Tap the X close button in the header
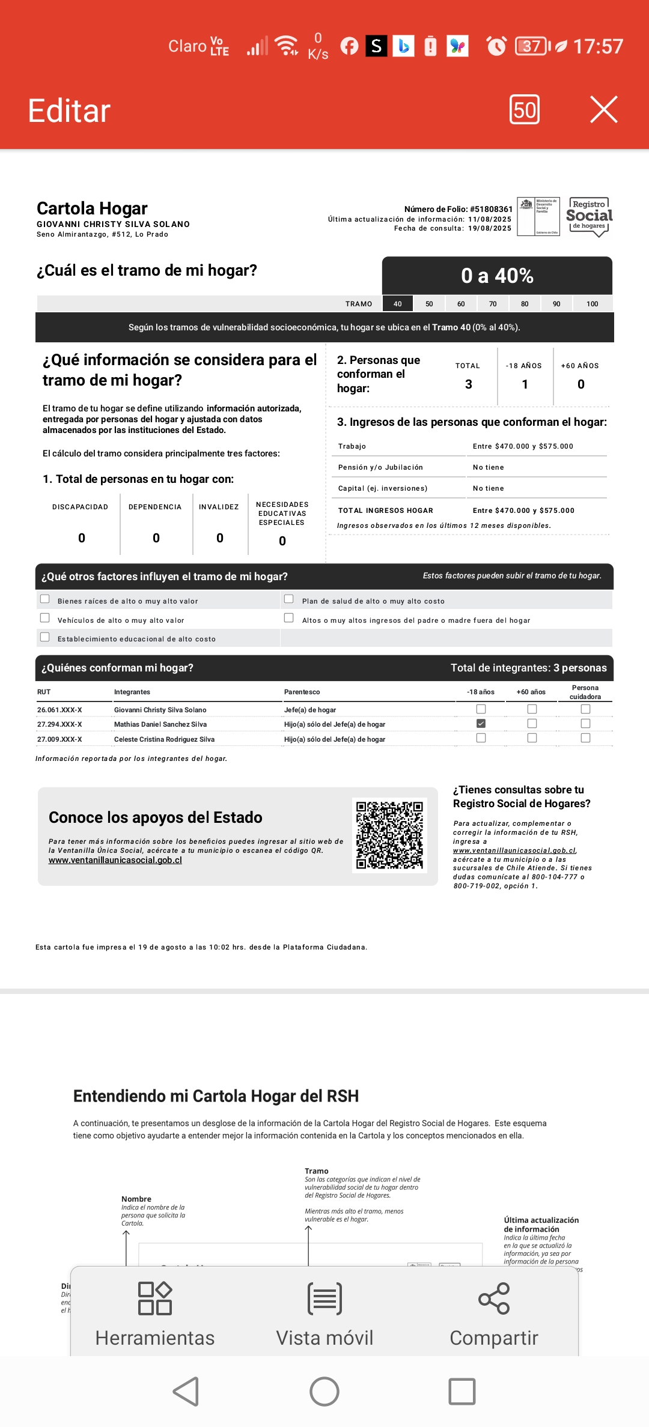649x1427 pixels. [x=603, y=110]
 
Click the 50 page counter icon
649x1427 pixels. [x=525, y=110]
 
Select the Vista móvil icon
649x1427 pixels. [x=324, y=1299]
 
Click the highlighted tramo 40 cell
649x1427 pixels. [x=397, y=304]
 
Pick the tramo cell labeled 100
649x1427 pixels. [x=592, y=304]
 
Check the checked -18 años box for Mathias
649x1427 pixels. [x=481, y=724]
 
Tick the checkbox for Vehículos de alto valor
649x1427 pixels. [x=45, y=618]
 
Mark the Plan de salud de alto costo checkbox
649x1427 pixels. [x=289, y=599]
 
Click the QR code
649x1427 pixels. [x=389, y=835]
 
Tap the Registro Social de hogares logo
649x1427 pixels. [x=589, y=217]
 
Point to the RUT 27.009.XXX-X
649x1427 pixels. [x=59, y=739]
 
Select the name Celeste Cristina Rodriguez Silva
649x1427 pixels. [x=164, y=739]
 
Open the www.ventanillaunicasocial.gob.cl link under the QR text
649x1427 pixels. [x=115, y=860]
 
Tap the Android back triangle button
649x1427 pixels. [x=186, y=1391]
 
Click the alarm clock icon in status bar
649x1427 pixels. [x=496, y=46]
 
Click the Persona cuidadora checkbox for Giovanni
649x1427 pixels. [x=585, y=709]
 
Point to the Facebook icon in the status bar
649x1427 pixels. [x=349, y=46]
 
